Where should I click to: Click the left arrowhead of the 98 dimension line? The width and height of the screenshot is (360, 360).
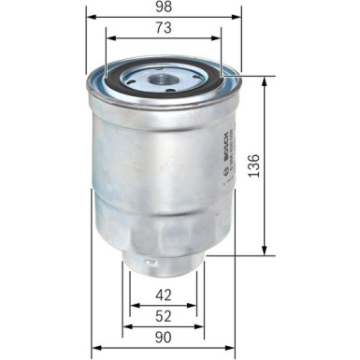click(x=90, y=18)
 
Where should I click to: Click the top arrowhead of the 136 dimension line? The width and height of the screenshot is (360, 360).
click(x=266, y=79)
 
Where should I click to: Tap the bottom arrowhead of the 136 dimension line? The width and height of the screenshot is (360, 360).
click(x=266, y=251)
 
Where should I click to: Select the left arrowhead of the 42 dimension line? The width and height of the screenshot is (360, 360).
click(x=132, y=306)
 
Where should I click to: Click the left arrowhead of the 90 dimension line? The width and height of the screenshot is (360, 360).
click(x=94, y=350)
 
